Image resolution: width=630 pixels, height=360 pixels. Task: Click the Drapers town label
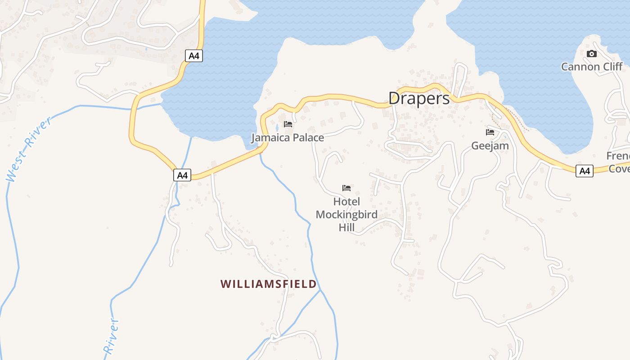419,99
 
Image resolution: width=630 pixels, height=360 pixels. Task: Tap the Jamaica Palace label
288,138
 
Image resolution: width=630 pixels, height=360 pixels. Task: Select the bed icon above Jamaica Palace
288,124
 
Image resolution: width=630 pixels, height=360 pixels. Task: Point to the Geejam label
490,146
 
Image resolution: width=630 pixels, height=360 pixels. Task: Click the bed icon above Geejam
490,132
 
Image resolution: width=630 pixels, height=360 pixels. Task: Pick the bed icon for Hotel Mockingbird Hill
346,188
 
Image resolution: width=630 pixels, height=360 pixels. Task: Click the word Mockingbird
346,215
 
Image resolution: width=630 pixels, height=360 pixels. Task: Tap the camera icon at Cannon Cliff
592,54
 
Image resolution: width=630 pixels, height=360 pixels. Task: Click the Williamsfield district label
268,284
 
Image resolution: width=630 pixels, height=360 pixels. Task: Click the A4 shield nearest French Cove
584,171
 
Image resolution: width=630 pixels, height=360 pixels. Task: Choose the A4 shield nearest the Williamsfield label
182,175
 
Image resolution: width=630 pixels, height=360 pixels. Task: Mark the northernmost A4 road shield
194,56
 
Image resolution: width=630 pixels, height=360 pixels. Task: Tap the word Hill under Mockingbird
346,228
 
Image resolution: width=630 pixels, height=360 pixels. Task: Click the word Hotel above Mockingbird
346,202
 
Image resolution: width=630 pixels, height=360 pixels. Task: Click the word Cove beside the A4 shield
620,169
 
